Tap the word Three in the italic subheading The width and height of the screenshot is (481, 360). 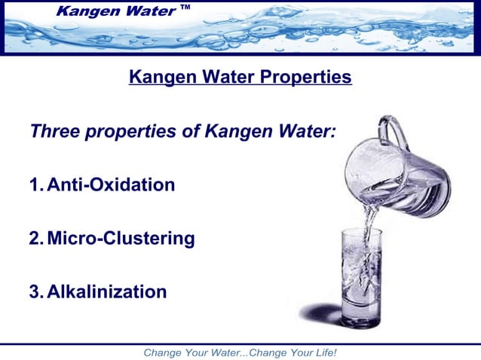pyautogui.click(x=55, y=131)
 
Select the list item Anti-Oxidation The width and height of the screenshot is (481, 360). pyautogui.click(x=111, y=185)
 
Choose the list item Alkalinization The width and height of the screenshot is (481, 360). pyautogui.click(x=106, y=291)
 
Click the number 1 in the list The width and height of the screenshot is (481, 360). pyautogui.click(x=35, y=185)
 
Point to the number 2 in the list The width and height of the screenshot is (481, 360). pyautogui.click(x=35, y=239)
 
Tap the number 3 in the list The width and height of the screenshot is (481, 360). pyautogui.click(x=35, y=291)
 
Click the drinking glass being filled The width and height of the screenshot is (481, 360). pyautogui.click(x=363, y=279)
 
